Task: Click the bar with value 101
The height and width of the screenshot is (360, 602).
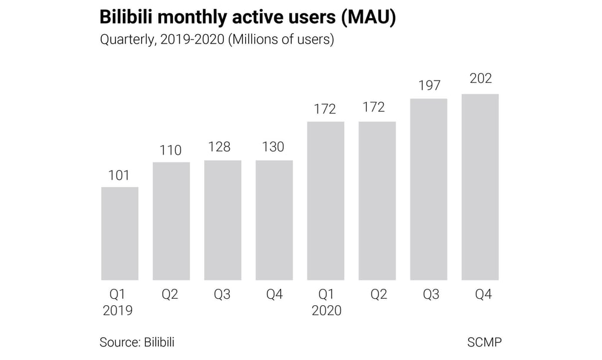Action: click(120, 233)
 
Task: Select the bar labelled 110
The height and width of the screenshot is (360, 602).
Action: click(171, 221)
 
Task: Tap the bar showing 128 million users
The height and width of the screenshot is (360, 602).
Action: click(223, 219)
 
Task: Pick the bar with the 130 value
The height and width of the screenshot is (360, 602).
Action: click(274, 219)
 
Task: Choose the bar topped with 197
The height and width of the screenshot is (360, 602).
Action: click(429, 189)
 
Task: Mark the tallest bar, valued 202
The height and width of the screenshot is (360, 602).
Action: click(480, 186)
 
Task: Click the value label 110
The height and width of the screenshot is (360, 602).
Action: click(170, 150)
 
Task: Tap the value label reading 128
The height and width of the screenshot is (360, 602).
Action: click(219, 147)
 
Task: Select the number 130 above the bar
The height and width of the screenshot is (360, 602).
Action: click(273, 147)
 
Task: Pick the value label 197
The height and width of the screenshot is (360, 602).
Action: click(429, 86)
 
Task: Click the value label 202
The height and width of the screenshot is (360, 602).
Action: click(480, 78)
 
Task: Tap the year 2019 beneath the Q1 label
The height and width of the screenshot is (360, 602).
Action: click(118, 311)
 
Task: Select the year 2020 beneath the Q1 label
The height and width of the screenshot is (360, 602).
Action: click(326, 311)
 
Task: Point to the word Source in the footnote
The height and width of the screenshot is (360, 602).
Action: click(119, 342)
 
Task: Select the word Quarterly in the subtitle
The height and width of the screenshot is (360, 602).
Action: click(126, 41)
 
